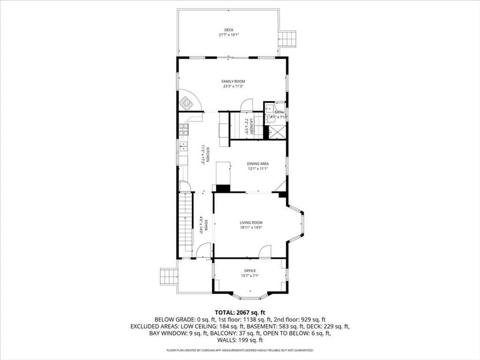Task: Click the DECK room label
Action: click(228, 30)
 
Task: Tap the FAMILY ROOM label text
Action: click(233, 82)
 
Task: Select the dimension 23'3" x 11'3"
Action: click(233, 86)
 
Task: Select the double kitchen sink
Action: click(183, 146)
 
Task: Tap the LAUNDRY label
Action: click(251, 127)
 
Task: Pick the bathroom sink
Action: click(269, 108)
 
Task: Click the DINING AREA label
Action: click(258, 164)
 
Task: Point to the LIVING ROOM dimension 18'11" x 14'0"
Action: click(251, 228)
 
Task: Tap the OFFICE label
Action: click(250, 270)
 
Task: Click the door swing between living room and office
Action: click(266, 252)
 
